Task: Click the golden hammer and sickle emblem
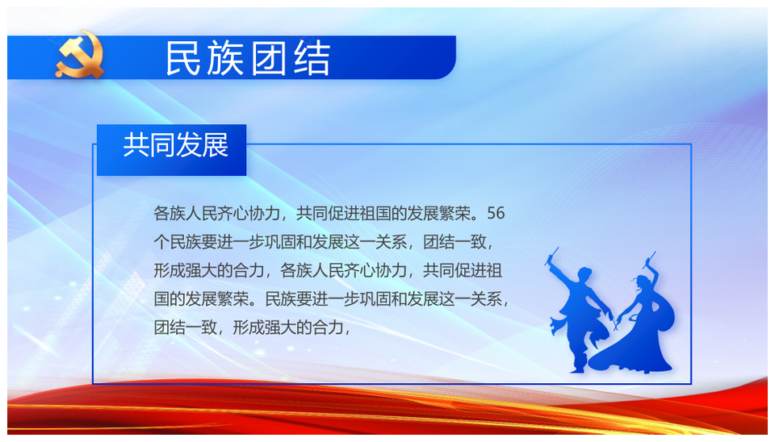(x=80, y=55)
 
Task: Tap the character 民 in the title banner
(x=183, y=58)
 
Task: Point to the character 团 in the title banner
(x=269, y=58)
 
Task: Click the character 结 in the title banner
(x=312, y=58)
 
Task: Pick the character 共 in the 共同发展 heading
(x=136, y=144)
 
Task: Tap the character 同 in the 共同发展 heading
(x=162, y=144)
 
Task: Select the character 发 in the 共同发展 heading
(x=189, y=144)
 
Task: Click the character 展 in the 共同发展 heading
(x=216, y=144)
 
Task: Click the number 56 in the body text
(x=496, y=214)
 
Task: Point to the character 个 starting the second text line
(x=161, y=242)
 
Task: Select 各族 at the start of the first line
(x=170, y=214)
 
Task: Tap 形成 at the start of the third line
(x=170, y=271)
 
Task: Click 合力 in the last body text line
(x=328, y=327)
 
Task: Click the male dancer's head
(x=584, y=274)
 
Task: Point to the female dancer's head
(x=640, y=283)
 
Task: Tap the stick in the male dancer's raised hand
(x=551, y=256)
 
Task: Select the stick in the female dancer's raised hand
(x=651, y=259)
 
